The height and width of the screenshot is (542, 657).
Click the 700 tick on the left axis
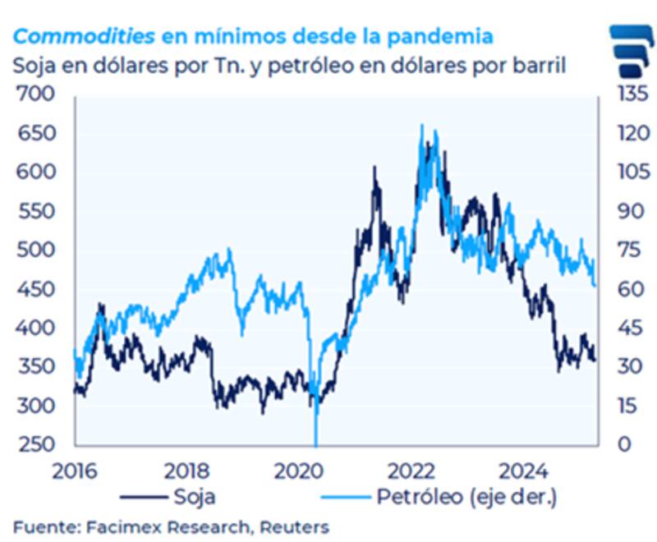(x=38, y=94)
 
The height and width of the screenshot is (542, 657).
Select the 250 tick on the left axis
(x=38, y=444)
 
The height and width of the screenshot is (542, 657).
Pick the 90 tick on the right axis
(x=621, y=211)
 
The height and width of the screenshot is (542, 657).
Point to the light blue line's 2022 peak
(x=422, y=127)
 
